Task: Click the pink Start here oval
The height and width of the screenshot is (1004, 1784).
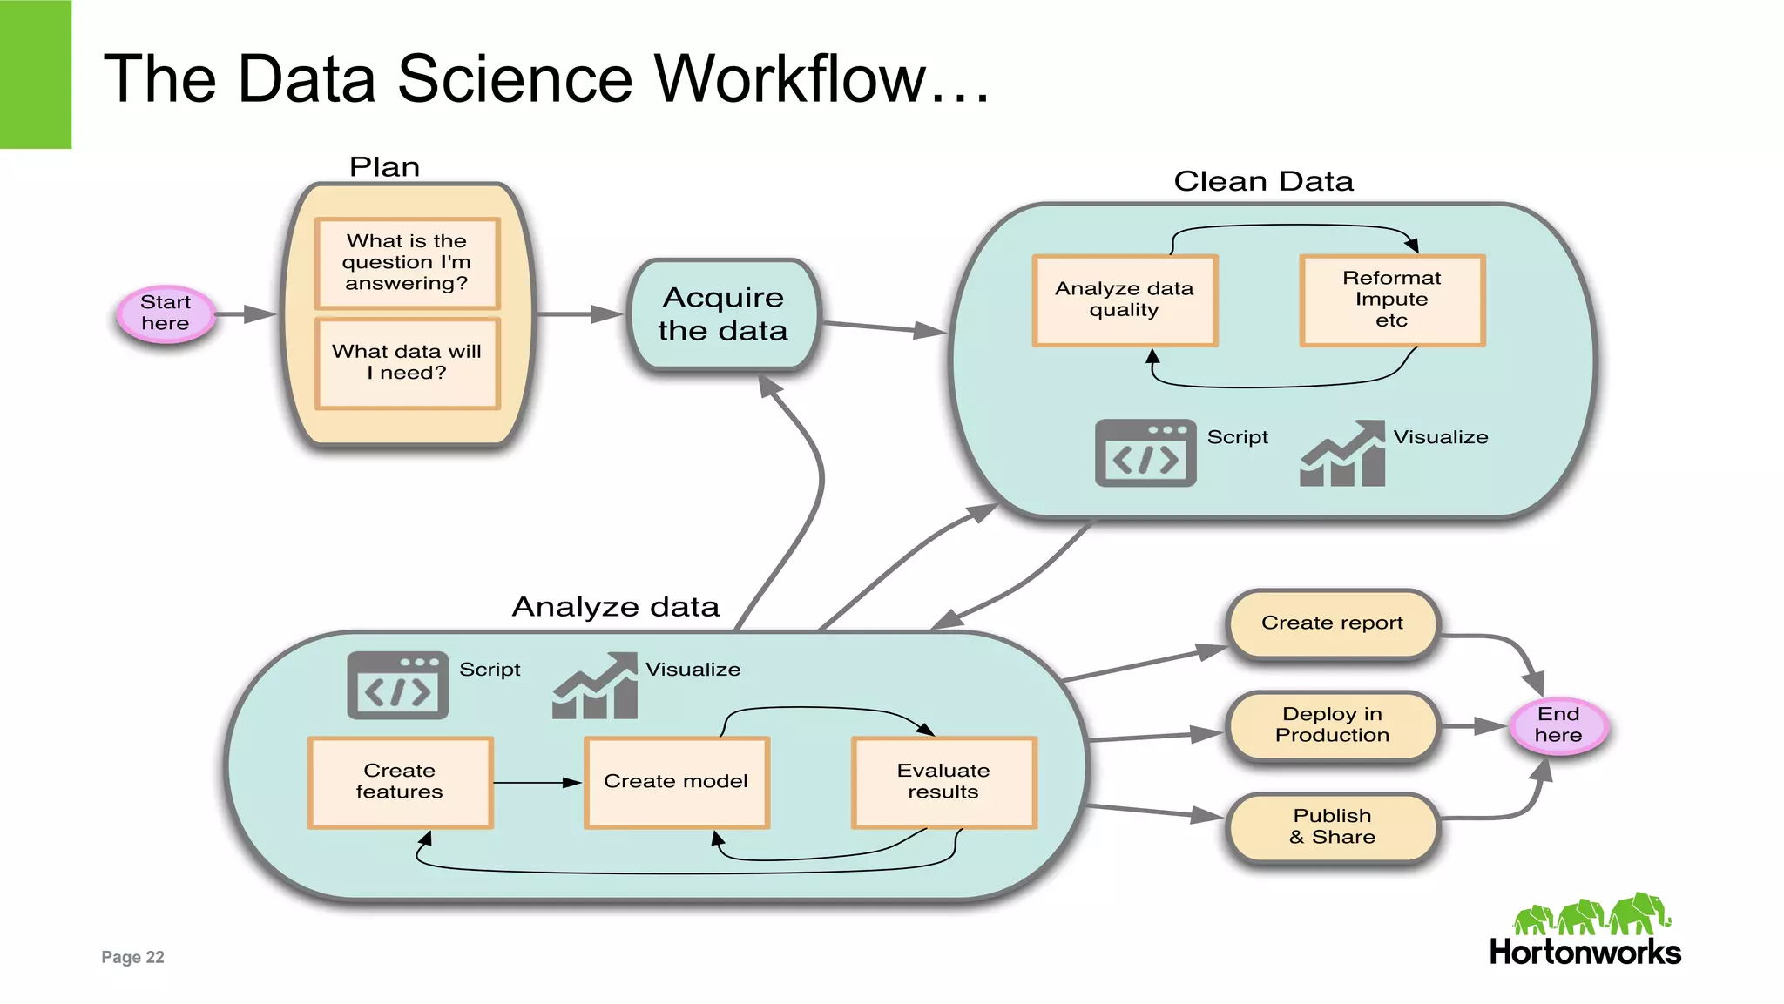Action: (166, 313)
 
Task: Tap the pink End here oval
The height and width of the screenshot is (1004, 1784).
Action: (1558, 724)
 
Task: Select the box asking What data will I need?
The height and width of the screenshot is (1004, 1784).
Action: (407, 363)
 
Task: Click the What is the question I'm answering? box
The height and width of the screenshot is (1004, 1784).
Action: (407, 263)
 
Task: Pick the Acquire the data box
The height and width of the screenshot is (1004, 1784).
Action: (723, 314)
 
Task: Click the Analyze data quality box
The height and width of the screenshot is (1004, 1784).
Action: (1124, 300)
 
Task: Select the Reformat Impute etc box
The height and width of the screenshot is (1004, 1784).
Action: (1391, 300)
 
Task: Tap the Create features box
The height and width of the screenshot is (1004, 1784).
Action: (400, 782)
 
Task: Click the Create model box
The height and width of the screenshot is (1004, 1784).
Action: (676, 782)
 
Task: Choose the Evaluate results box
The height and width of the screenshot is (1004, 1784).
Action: (943, 782)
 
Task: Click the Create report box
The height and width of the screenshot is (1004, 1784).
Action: (1332, 623)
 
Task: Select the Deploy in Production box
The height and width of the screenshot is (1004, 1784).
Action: (1332, 725)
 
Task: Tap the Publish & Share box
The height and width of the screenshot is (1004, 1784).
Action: (1332, 827)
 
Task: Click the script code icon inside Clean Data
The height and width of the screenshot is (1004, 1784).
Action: (1145, 454)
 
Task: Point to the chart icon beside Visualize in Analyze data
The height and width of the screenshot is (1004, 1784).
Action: (596, 687)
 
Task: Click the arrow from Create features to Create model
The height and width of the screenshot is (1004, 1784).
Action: (536, 783)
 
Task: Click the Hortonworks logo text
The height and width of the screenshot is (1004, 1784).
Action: (1585, 953)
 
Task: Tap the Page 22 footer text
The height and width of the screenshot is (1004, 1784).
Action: (132, 957)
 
